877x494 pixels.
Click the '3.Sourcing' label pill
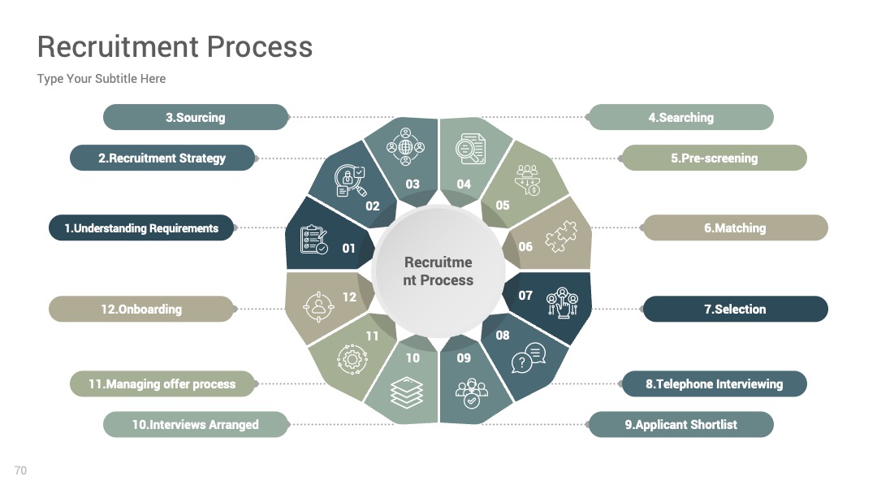point(196,118)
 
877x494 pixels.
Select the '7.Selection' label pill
point(735,309)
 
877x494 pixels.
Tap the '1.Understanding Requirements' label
point(141,228)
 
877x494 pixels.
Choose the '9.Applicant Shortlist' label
point(680,425)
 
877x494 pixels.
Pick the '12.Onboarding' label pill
point(141,309)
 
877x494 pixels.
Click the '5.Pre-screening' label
point(715,158)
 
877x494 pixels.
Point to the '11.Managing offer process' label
point(162,383)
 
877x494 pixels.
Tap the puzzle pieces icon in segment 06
point(561,236)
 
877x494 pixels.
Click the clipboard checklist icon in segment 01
point(313,240)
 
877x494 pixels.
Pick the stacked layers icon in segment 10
point(407,392)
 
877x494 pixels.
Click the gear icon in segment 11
point(352,358)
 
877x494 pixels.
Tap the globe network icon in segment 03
point(405,146)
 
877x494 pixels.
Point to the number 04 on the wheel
point(464,184)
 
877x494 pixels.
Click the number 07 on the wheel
point(525,296)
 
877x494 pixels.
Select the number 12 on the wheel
point(349,297)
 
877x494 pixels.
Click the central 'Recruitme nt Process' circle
point(438,271)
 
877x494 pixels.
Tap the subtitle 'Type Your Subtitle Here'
point(102,79)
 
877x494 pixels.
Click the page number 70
point(20,470)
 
